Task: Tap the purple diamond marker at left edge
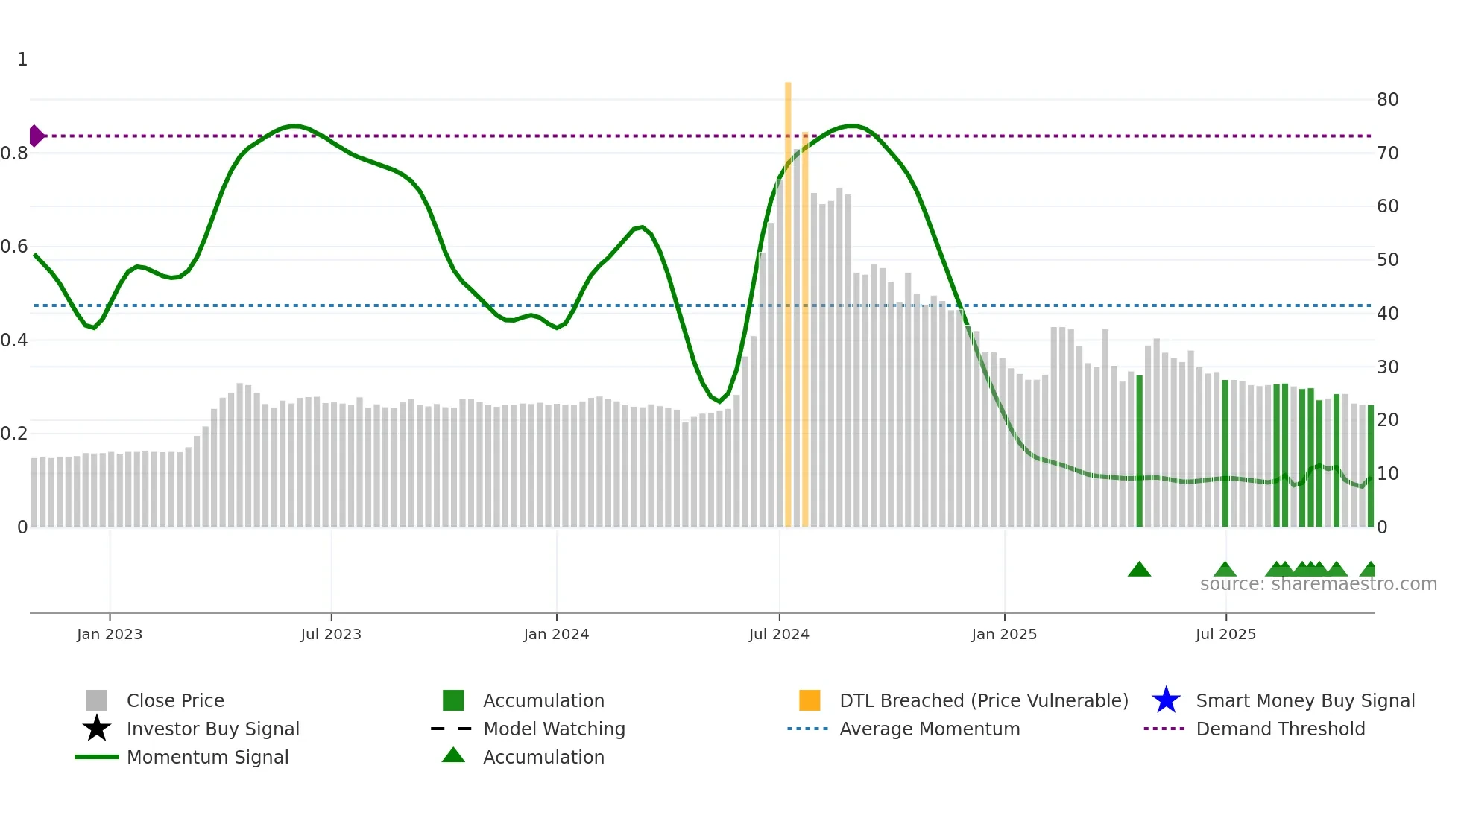click(x=36, y=136)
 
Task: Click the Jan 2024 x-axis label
click(x=556, y=634)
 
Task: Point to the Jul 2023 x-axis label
click(x=331, y=634)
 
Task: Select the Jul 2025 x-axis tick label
click(x=1225, y=634)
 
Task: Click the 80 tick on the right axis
click(x=1387, y=100)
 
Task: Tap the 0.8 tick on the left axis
click(x=14, y=153)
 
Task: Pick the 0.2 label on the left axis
click(x=14, y=434)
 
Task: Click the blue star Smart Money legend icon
click(x=1166, y=700)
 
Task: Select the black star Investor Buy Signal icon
click(x=97, y=729)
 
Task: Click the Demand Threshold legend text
click(x=1280, y=729)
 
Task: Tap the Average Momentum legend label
click(x=930, y=729)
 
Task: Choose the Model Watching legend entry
click(x=554, y=729)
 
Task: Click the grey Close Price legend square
click(x=97, y=700)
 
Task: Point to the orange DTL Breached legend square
click(x=810, y=700)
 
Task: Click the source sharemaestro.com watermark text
click(x=1318, y=584)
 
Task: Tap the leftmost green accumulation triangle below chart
click(x=1139, y=570)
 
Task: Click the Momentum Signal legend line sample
click(x=97, y=757)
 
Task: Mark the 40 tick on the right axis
click(x=1387, y=314)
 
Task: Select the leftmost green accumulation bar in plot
click(x=1139, y=451)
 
